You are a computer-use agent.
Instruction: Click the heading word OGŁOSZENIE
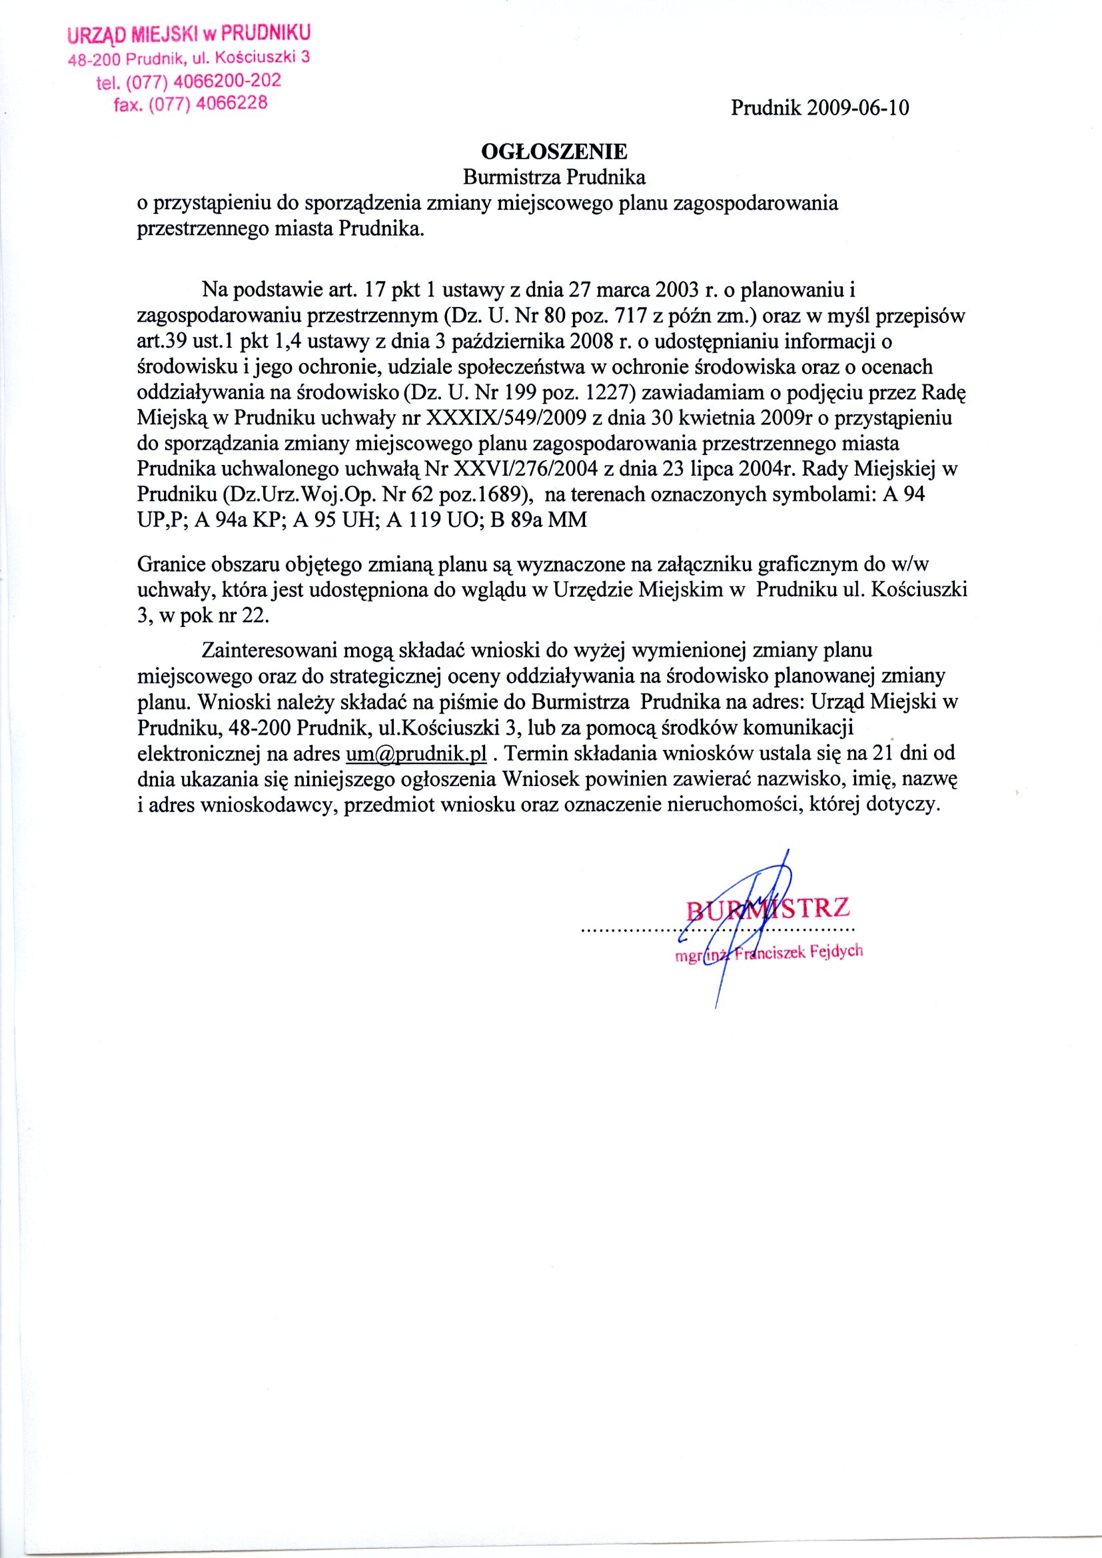[554, 150]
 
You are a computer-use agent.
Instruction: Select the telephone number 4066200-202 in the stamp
[227, 81]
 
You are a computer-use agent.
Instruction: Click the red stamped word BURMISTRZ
[768, 908]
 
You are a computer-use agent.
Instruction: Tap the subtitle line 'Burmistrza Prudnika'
[554, 177]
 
